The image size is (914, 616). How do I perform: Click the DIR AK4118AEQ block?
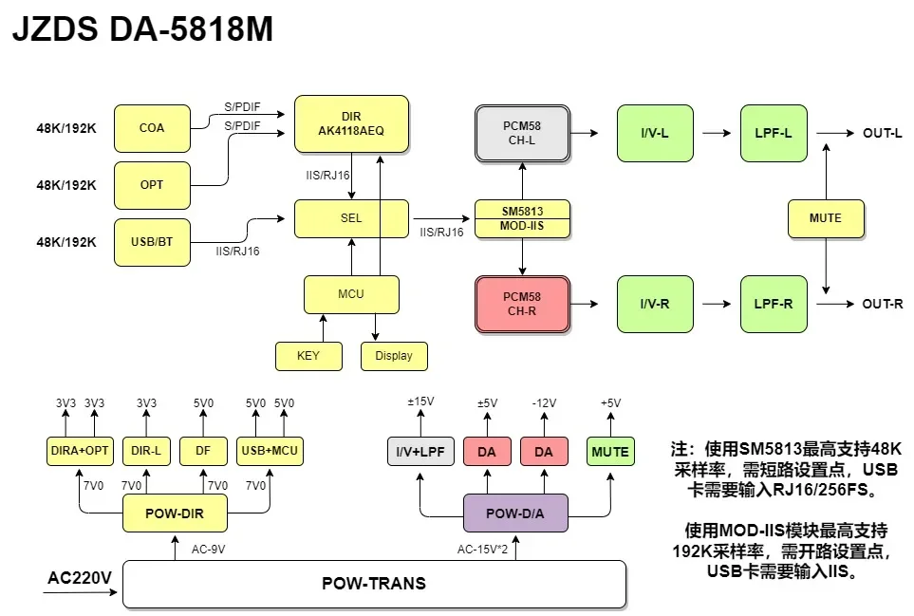351,123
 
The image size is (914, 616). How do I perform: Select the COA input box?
152,128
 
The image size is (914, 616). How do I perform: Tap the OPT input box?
152,185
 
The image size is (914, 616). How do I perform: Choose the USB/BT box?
152,242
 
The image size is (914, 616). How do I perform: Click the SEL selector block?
351,218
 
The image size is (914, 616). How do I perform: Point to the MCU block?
351,294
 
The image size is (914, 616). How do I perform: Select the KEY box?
308,356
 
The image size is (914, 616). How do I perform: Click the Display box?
394,356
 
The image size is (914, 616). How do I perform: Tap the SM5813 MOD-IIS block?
522,218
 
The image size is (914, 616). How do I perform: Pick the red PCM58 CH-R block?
522,304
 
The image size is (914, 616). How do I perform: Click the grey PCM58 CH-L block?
522,133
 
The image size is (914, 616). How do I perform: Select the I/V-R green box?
655,304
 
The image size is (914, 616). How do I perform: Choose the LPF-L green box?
774,133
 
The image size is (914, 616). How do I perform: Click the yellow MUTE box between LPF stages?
826,218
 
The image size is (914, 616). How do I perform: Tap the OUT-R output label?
882,304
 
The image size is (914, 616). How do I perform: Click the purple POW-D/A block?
515,513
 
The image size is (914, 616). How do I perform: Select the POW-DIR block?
176,513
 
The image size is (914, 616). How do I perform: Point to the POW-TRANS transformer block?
375,584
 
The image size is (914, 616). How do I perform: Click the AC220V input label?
80,577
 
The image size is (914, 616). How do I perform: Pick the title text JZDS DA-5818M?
142,30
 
